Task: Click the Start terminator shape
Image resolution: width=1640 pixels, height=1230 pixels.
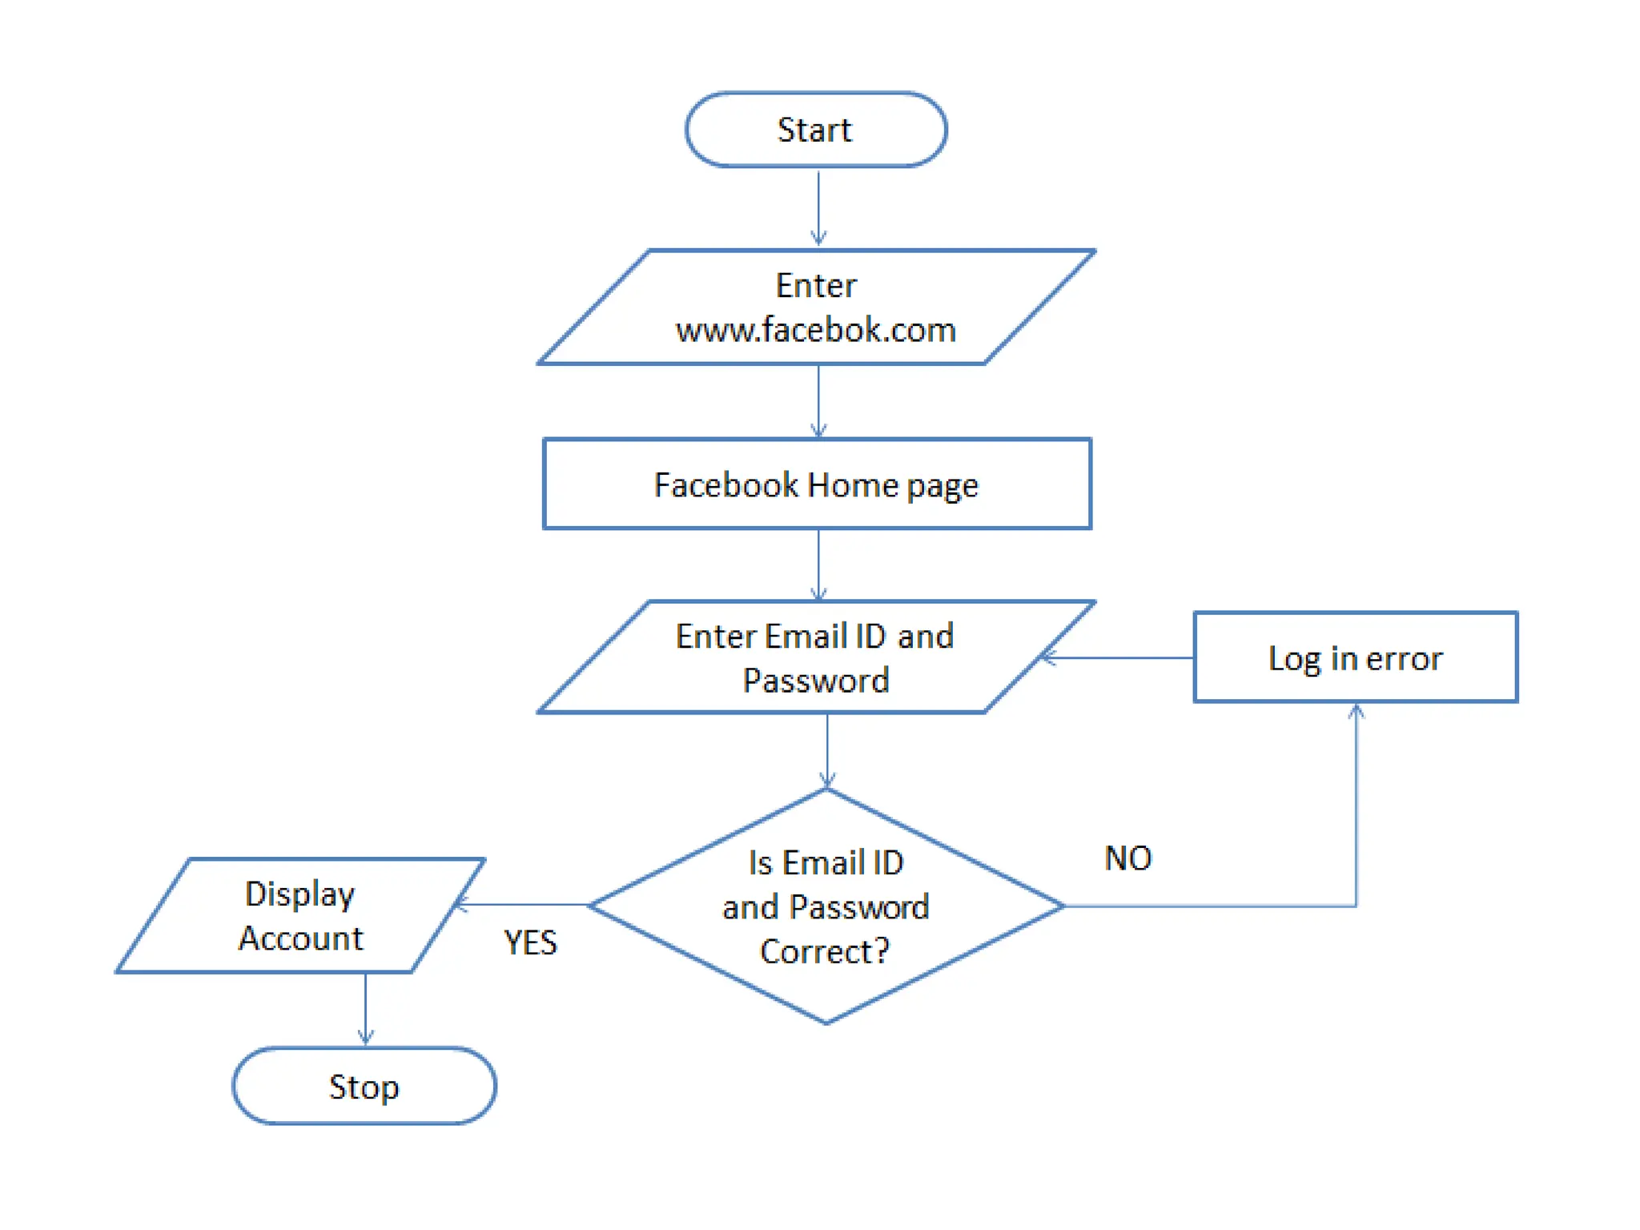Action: pos(815,130)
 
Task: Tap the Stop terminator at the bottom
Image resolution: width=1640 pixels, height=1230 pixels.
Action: pos(364,1086)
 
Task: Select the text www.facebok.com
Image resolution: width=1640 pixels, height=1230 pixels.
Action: pos(815,330)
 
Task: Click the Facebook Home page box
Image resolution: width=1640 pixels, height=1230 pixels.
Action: pos(817,484)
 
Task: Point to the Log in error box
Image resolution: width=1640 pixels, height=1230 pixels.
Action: pos(1355,657)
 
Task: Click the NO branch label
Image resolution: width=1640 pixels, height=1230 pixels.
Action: pos(1127,858)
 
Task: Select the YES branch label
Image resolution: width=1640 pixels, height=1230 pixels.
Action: pos(530,943)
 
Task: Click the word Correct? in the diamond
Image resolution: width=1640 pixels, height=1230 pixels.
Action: pos(825,951)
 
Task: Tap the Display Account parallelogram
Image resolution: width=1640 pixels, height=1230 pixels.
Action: pos(300,915)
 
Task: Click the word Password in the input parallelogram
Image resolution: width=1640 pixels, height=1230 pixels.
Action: pos(815,681)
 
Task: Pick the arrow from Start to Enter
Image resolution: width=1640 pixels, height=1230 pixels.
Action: pos(818,207)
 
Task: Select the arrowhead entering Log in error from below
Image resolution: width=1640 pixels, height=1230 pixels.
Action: pos(1356,710)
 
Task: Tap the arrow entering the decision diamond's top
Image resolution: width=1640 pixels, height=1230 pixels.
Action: pos(827,749)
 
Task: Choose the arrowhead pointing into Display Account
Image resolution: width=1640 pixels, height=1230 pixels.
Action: pos(461,904)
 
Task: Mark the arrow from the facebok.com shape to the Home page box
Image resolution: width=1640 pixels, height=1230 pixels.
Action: pos(818,400)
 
